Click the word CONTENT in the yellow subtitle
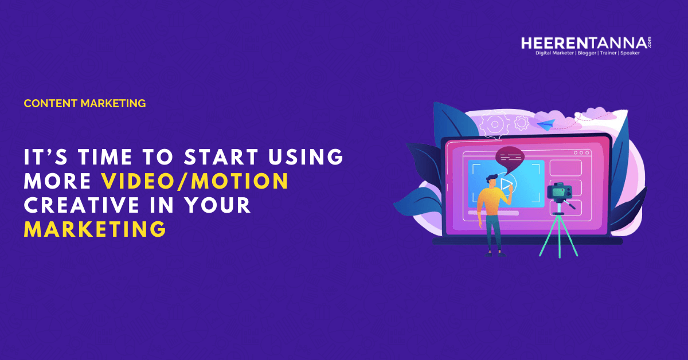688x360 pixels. pyautogui.click(x=50, y=104)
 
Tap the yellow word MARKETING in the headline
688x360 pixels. pyautogui.click(x=95, y=229)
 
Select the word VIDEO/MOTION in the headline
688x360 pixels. pyautogui.click(x=195, y=181)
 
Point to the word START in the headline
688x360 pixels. pyautogui.click(x=221, y=156)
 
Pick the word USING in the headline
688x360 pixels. pyautogui.click(x=306, y=156)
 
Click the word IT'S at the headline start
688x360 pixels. pyautogui.click(x=46, y=156)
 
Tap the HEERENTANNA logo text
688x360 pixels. pyautogui.click(x=584, y=43)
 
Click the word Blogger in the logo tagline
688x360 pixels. pyautogui.click(x=587, y=53)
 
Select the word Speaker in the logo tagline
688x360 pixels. pyautogui.click(x=630, y=53)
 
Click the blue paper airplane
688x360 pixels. pyautogui.click(x=546, y=124)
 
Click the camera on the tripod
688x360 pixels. pyautogui.click(x=560, y=191)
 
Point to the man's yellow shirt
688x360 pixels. pyautogui.click(x=492, y=201)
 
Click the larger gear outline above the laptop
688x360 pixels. pyautogui.click(x=494, y=124)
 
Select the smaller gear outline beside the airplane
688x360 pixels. pyautogui.click(x=521, y=123)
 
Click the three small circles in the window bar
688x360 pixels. pyautogui.click(x=581, y=152)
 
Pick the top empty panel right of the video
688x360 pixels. pyautogui.click(x=565, y=168)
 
